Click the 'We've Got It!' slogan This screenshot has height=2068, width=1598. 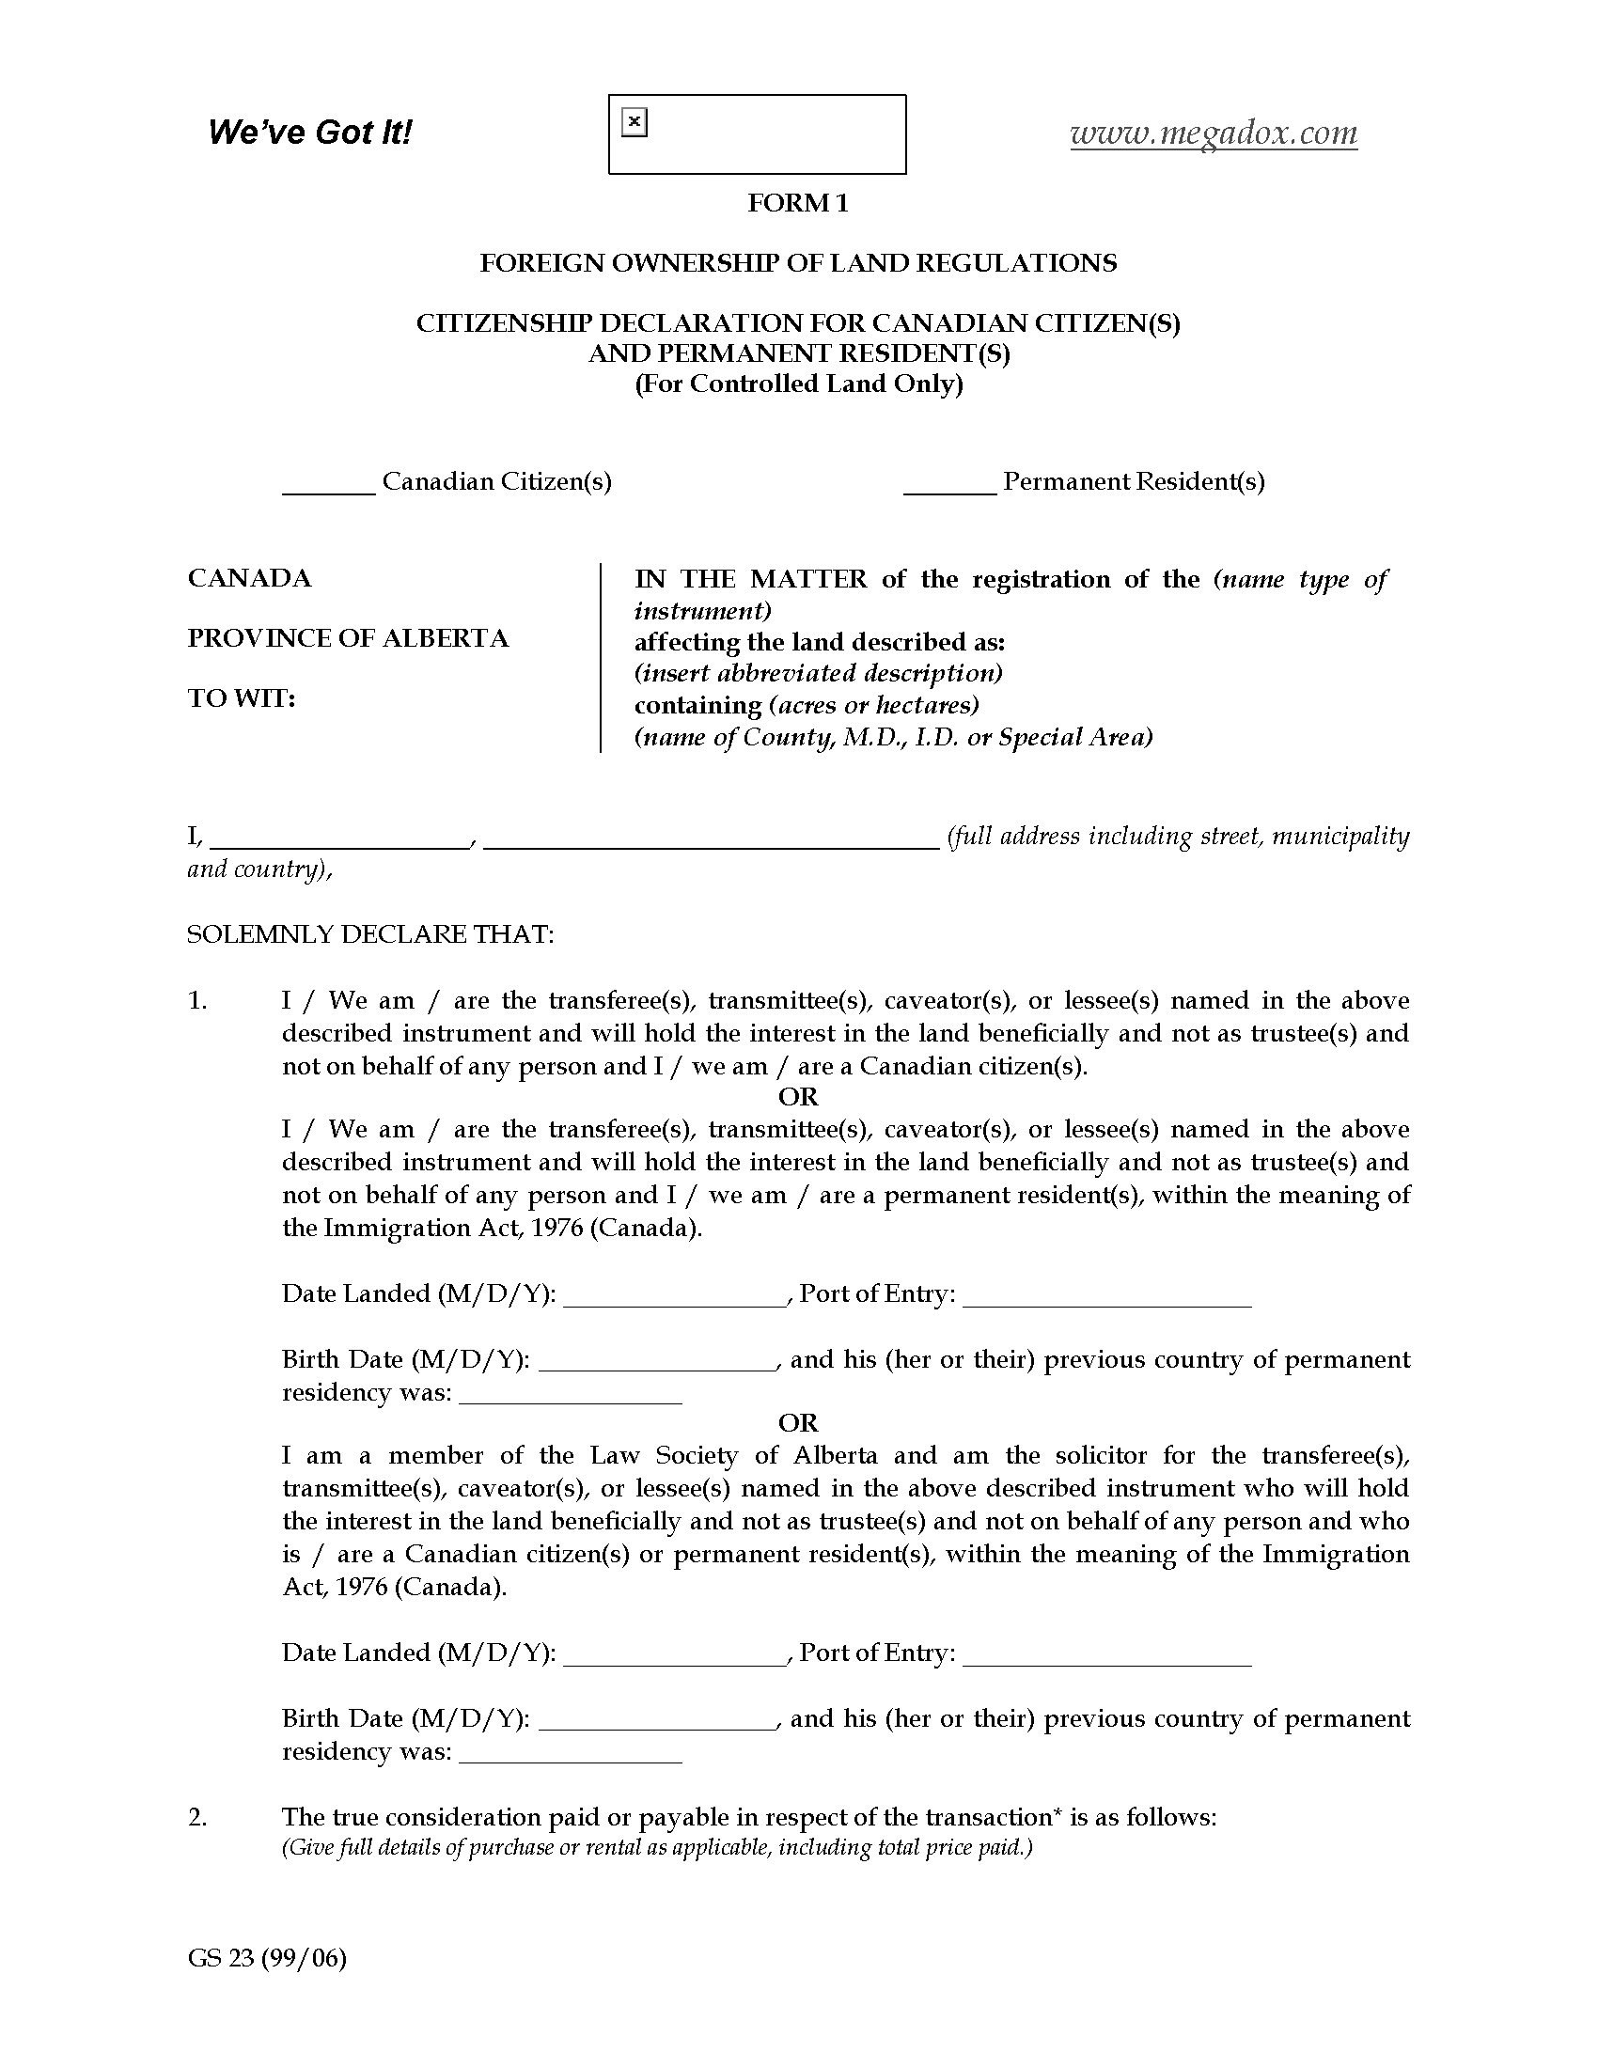(x=309, y=132)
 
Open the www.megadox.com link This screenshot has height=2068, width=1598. (x=1214, y=133)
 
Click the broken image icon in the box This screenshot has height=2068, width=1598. (x=634, y=122)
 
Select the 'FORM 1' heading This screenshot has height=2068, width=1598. (x=798, y=203)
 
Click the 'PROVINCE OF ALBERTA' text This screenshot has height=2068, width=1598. (x=348, y=638)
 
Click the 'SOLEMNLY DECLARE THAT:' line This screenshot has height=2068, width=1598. (x=370, y=934)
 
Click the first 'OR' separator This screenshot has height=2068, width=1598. (x=798, y=1096)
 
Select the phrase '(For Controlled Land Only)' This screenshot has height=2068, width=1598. (x=798, y=384)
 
